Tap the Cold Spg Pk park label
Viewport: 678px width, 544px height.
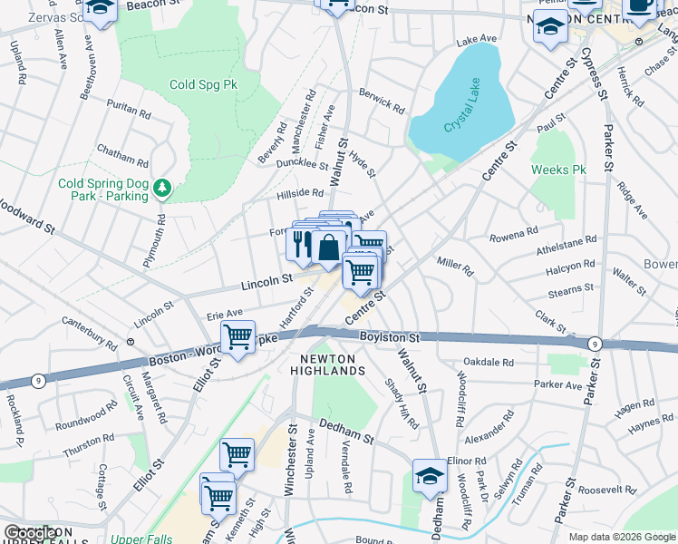coord(203,84)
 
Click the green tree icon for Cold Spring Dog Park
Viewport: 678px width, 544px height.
coord(162,189)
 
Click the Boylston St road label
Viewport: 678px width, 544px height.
coord(389,336)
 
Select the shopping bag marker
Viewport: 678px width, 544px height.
coord(330,246)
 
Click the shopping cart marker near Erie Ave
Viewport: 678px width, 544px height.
coord(237,336)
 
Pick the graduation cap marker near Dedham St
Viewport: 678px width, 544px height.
coord(430,474)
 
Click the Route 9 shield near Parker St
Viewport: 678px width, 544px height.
coord(594,344)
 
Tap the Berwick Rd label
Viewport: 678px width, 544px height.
coord(381,101)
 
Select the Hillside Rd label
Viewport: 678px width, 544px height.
coord(298,193)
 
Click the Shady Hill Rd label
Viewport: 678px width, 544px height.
coord(400,404)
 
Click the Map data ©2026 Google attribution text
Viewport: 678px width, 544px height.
coord(621,537)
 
